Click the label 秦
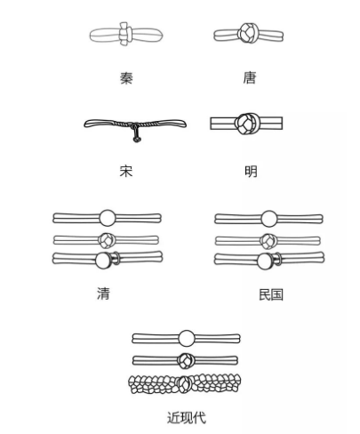(x=126, y=78)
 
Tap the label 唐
(x=249, y=78)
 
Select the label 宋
(x=126, y=171)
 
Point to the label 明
(x=251, y=172)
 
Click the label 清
(x=103, y=293)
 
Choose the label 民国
(x=271, y=294)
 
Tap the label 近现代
(x=187, y=418)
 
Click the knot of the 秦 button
(x=124, y=34)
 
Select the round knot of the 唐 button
(x=248, y=33)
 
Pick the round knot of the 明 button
(x=246, y=124)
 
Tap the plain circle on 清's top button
(x=107, y=218)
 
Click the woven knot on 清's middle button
(x=106, y=240)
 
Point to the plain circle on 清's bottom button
(x=103, y=261)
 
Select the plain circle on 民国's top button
(x=269, y=219)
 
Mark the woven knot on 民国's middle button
(x=268, y=241)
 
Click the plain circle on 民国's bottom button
(x=265, y=261)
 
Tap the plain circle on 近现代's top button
(x=187, y=338)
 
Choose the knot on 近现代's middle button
(x=185, y=360)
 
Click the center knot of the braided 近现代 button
(x=184, y=384)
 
